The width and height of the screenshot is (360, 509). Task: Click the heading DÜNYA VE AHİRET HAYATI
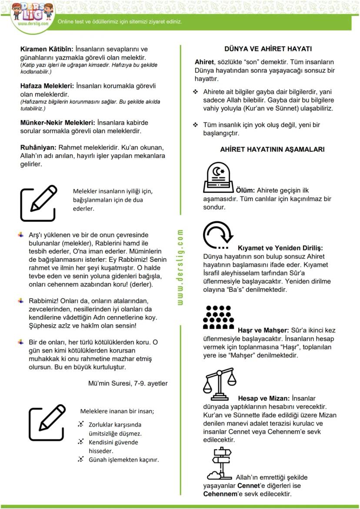268,49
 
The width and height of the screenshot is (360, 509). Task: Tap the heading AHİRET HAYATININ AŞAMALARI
272,149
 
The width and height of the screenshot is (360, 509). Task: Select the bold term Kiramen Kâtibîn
47,49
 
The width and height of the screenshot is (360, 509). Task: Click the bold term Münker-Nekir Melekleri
57,123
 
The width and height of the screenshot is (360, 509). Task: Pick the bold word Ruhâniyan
38,147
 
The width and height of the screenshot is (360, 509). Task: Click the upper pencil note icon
38,203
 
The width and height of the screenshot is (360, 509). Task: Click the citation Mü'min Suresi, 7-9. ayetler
127,383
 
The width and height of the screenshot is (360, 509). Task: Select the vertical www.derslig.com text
180,267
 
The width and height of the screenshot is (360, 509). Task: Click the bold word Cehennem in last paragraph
219,494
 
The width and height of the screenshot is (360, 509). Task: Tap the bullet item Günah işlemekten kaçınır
123,459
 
